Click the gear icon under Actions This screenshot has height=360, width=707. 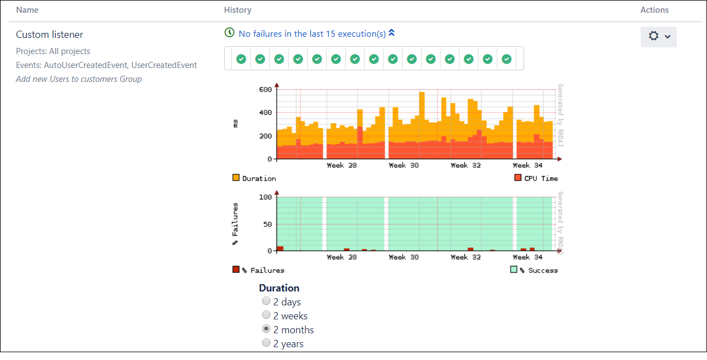(654, 36)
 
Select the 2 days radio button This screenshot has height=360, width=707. (267, 301)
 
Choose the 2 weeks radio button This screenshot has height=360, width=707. (267, 315)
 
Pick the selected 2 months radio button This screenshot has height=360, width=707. (267, 329)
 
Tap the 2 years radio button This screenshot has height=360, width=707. (267, 343)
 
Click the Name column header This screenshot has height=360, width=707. (27, 10)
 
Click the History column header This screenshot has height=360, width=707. (238, 10)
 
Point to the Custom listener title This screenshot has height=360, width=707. (50, 35)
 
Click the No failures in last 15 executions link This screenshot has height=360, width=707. (312, 34)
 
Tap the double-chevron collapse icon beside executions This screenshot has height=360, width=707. (391, 33)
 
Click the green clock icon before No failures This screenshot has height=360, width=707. (229, 33)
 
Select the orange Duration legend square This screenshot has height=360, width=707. (236, 178)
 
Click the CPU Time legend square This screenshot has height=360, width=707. (518, 178)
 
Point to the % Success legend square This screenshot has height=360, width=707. (514, 270)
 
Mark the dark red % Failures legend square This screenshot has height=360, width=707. (236, 270)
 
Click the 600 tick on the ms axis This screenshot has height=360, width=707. (265, 90)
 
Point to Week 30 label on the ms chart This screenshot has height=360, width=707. (404, 166)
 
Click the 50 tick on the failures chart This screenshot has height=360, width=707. (267, 224)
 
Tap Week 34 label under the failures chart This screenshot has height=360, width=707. (527, 257)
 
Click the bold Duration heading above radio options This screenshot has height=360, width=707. (279, 288)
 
